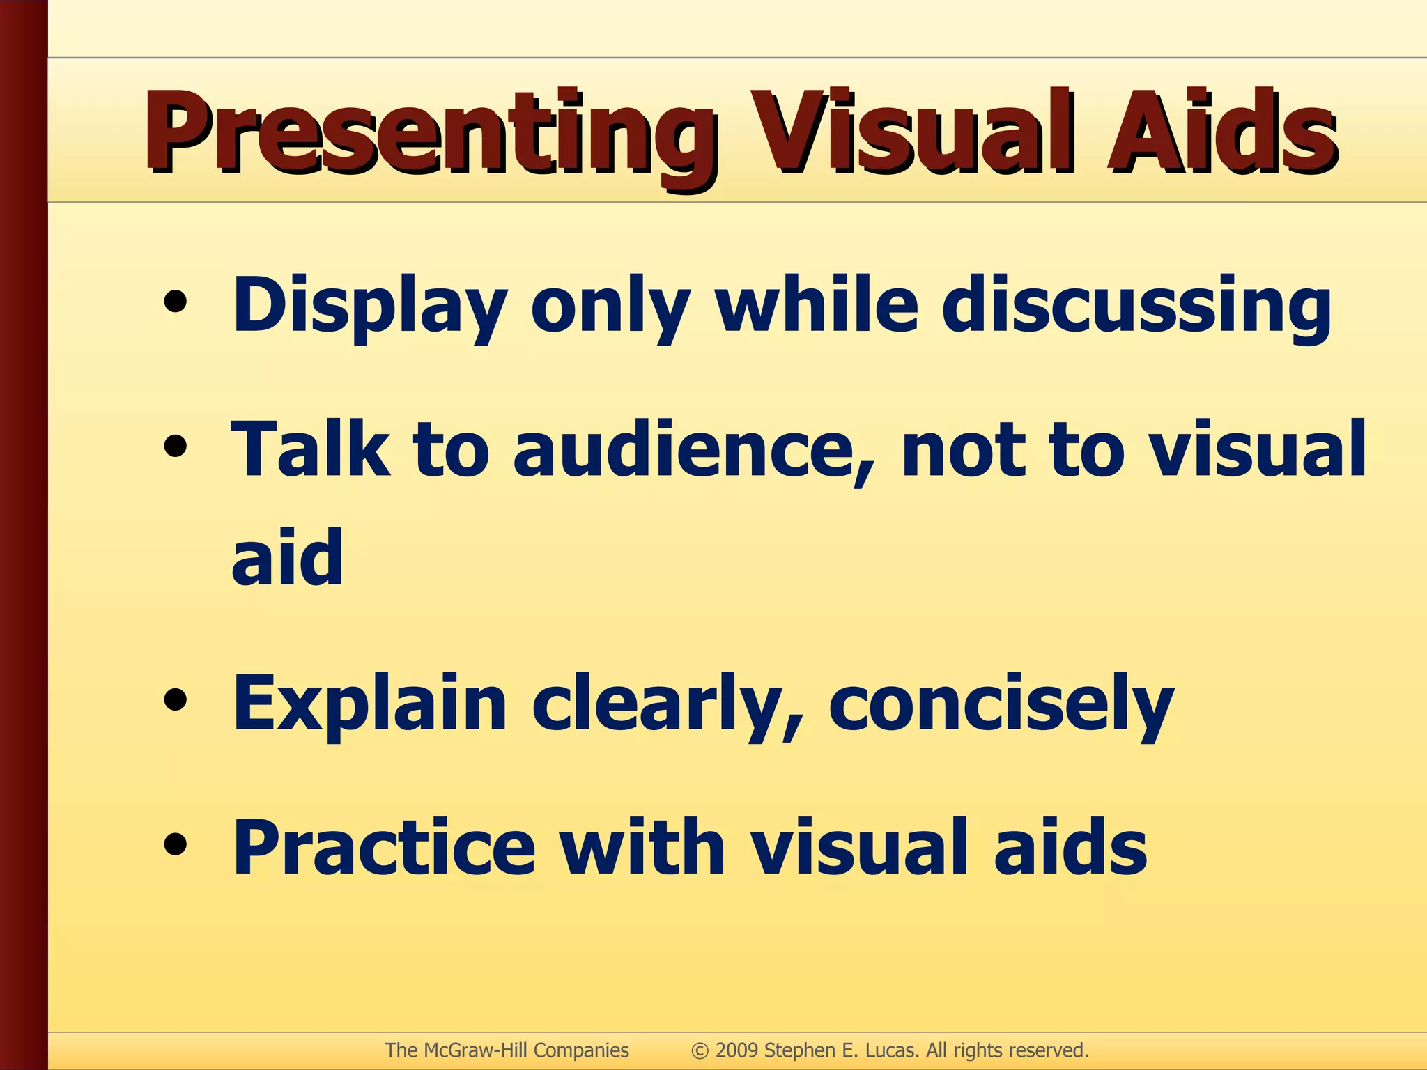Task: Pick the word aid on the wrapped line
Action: point(287,557)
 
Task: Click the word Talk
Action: point(310,449)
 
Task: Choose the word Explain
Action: point(369,704)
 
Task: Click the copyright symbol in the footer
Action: point(700,1050)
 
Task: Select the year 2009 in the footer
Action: point(737,1050)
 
